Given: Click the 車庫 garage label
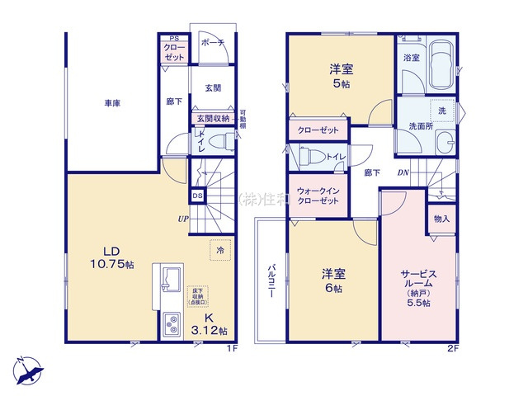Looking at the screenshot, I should coord(114,104).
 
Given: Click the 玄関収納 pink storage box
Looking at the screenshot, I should coord(213,119).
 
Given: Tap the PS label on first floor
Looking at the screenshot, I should coord(174,38).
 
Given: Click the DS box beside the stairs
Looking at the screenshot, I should coord(198,196).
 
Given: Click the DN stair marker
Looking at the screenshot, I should coord(403,173).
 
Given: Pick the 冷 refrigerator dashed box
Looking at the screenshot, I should coord(220,249).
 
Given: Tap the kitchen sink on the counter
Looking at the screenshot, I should coord(172,280).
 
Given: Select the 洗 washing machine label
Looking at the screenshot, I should coord(441,111).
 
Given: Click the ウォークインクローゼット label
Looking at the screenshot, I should coord(318,197).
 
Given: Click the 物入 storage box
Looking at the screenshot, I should coord(441,219).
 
